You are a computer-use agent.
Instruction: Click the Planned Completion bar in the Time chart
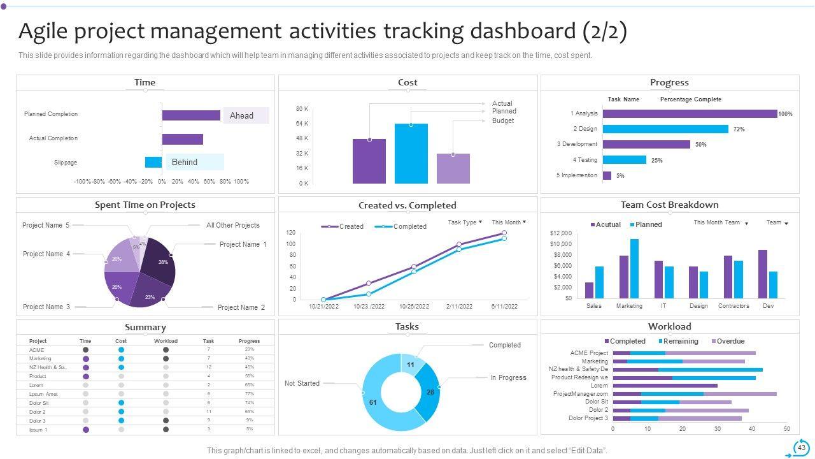point(191,115)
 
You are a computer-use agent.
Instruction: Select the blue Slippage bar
point(153,162)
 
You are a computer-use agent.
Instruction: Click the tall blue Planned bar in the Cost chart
point(411,154)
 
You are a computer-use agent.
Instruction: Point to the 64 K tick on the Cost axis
point(302,124)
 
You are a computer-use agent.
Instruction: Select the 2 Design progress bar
point(665,129)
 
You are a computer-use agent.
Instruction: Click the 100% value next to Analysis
point(785,114)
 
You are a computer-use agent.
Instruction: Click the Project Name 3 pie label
point(46,307)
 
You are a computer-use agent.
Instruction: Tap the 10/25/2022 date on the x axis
point(414,307)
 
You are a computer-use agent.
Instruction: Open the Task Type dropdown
point(465,222)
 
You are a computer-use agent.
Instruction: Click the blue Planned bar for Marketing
point(634,268)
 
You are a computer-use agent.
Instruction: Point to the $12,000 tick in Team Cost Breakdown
point(560,233)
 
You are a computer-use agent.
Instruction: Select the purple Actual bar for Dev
point(762,274)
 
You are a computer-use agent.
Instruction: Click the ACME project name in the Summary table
point(37,350)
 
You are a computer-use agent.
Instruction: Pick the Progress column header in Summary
point(249,341)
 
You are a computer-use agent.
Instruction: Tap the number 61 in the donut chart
point(372,402)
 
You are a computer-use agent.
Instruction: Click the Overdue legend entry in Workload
point(727,341)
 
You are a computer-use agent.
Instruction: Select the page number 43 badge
point(801,448)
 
